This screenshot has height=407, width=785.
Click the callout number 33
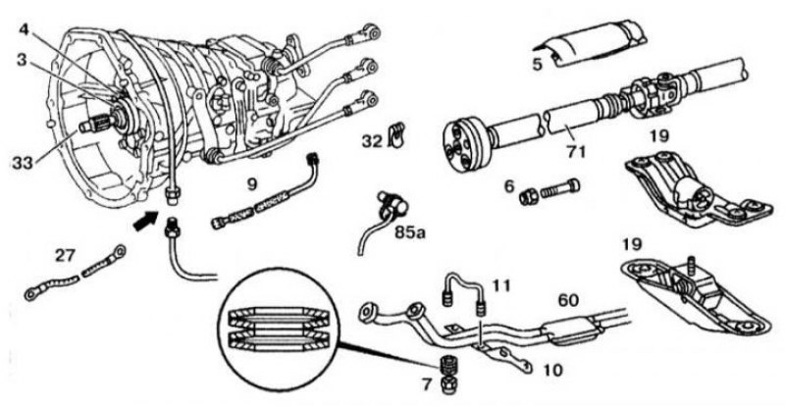(24, 162)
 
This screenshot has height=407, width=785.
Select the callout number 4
(25, 30)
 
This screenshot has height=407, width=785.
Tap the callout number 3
(21, 60)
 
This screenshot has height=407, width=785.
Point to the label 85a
(409, 231)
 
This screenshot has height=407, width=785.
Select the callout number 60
(568, 301)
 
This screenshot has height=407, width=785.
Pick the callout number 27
(65, 255)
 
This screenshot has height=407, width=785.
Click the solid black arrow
(145, 221)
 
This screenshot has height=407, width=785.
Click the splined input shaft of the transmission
(98, 123)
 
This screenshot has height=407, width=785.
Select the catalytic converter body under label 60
(572, 331)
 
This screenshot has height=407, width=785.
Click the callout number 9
(252, 184)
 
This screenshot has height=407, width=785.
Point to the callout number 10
(551, 371)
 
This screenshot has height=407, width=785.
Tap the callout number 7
(427, 384)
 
